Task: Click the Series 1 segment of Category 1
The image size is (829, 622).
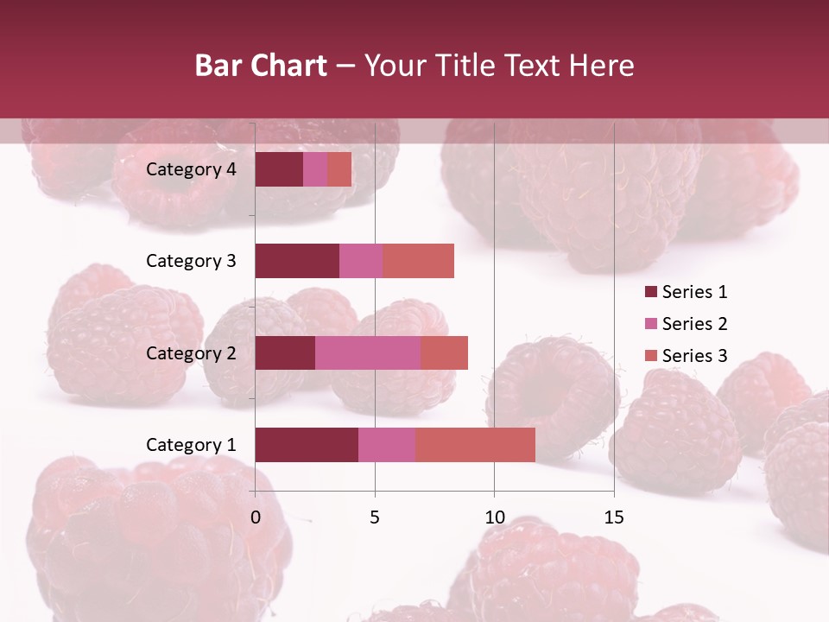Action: pos(307,445)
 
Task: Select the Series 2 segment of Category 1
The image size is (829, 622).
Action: pos(387,445)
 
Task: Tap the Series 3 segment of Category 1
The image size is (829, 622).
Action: pos(475,445)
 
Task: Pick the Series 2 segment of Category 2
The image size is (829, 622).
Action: pos(368,352)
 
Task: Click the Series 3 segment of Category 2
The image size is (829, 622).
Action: pos(444,352)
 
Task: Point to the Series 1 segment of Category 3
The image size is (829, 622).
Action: pos(297,261)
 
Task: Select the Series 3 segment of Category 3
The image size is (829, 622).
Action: pos(418,261)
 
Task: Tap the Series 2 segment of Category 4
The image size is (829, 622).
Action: pos(315,169)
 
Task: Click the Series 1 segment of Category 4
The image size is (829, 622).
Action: pos(279,169)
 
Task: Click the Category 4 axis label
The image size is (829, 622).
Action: pos(191,169)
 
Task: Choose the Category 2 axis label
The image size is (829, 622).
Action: pos(191,352)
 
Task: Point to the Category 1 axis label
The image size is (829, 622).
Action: pos(191,445)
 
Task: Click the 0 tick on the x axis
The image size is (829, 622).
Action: pos(256,517)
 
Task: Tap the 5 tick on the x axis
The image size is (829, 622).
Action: pos(375,517)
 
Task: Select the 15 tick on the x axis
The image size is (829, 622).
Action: pos(613,517)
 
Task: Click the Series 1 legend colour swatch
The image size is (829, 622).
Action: pos(650,292)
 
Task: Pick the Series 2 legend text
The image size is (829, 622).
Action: pos(694,324)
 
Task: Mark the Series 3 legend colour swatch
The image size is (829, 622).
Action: pos(650,356)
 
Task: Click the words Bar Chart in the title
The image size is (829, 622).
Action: pos(261,65)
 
